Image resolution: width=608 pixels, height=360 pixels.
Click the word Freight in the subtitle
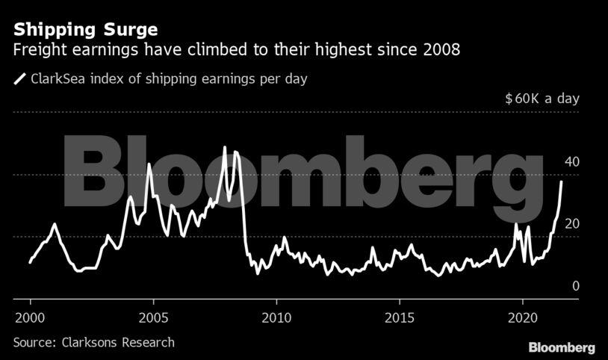pyautogui.click(x=37, y=51)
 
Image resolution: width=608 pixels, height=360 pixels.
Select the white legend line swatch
pyautogui.click(x=19, y=78)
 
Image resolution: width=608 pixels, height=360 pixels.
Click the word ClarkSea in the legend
pyautogui.click(x=58, y=78)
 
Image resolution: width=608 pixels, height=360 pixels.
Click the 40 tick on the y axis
pyautogui.click(x=572, y=162)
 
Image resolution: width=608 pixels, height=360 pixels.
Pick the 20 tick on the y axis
pyautogui.click(x=572, y=224)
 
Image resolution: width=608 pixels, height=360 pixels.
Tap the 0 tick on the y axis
pyautogui.click(x=575, y=286)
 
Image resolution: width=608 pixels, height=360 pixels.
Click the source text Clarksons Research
pyautogui.click(x=93, y=342)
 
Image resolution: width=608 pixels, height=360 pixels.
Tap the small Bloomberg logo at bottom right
pyautogui.click(x=562, y=347)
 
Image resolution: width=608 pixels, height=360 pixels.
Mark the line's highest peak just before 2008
pyautogui.click(x=225, y=147)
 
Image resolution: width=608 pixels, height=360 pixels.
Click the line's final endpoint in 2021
pyautogui.click(x=562, y=181)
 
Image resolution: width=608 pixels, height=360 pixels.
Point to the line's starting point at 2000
pyautogui.click(x=30, y=262)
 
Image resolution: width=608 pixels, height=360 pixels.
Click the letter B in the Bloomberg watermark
pyautogui.click(x=101, y=174)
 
